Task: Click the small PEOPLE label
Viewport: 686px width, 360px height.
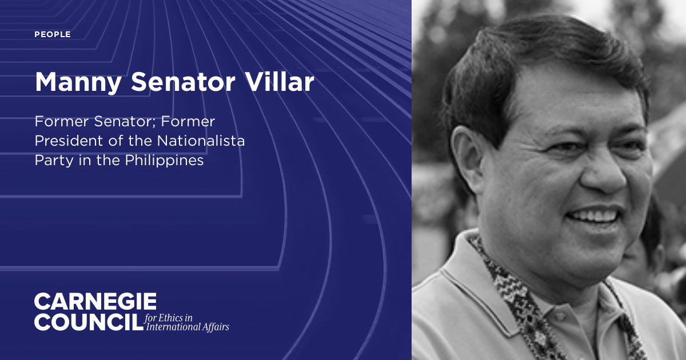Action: (x=53, y=35)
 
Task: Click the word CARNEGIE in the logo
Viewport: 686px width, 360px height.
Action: (x=95, y=302)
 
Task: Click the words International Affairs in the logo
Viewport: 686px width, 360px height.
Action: (x=188, y=327)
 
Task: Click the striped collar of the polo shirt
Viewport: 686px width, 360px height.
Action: (x=457, y=280)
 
